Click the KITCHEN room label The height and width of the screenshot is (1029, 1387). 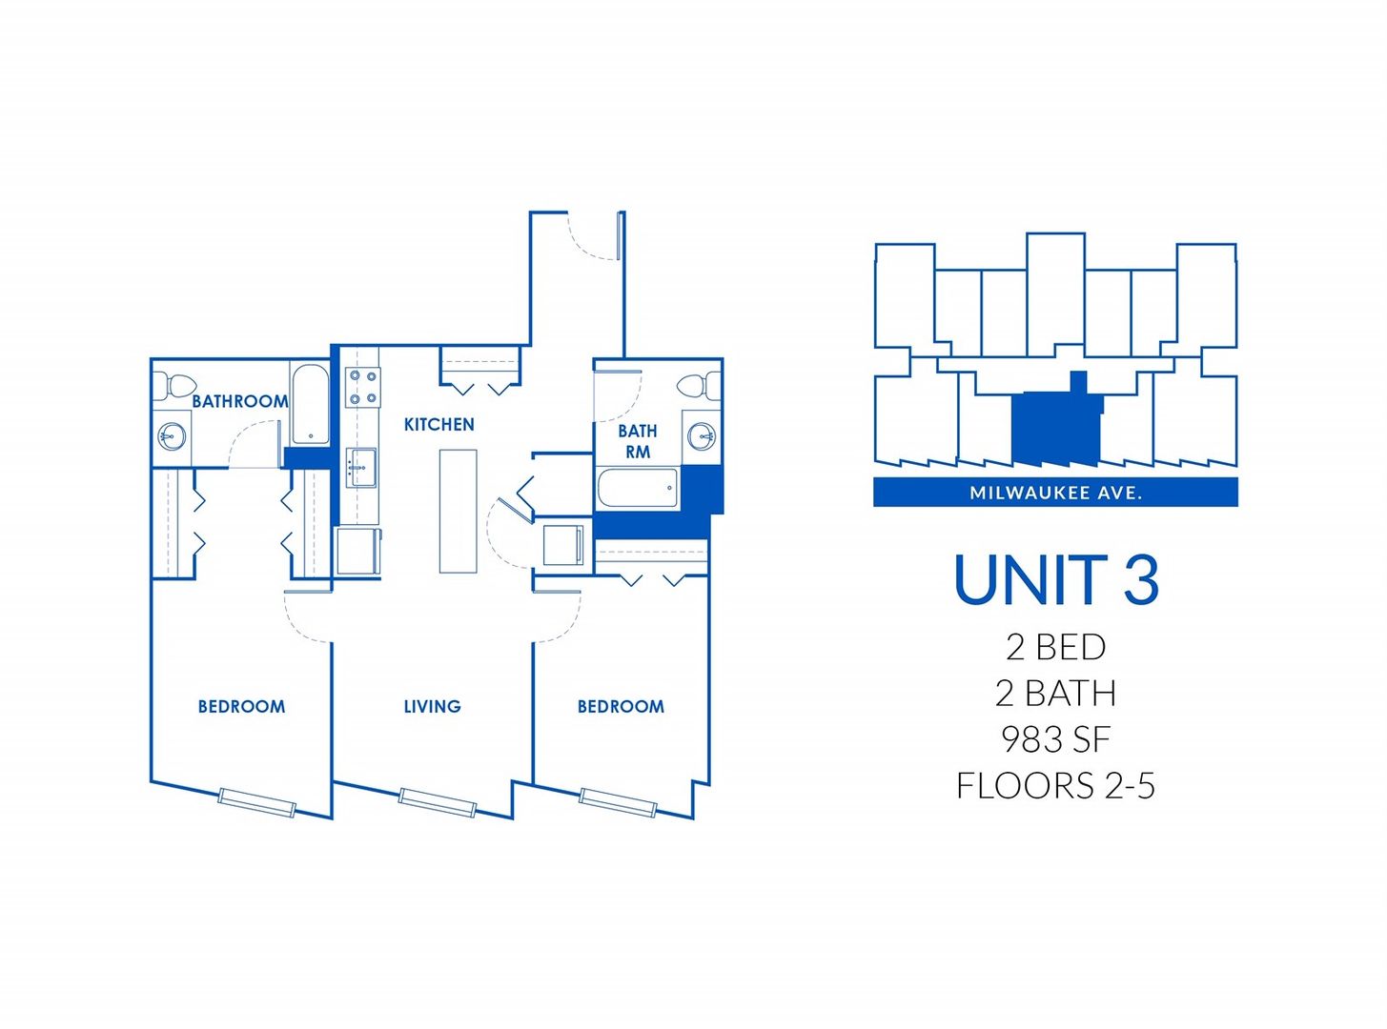click(439, 424)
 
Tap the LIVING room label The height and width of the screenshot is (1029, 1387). click(432, 706)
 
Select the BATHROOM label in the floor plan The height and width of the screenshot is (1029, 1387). click(239, 401)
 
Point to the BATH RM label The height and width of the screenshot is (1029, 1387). click(638, 441)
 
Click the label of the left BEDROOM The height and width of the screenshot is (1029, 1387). click(241, 706)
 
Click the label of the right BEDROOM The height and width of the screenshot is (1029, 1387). click(621, 706)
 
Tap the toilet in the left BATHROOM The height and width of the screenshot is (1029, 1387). click(177, 386)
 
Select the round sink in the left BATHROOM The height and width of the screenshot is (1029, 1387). click(170, 436)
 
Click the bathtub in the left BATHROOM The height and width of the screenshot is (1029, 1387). click(309, 405)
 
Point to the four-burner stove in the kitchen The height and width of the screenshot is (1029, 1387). click(362, 388)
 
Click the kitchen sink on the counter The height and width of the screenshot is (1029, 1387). click(361, 467)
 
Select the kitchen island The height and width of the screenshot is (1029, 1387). click(458, 511)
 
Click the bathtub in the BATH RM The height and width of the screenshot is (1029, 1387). click(637, 489)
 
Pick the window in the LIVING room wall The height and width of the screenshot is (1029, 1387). click(437, 801)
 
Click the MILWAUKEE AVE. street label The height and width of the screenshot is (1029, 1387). click(1055, 493)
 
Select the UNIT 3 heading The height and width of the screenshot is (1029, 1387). click(1055, 579)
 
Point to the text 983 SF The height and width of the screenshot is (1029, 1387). click(1055, 739)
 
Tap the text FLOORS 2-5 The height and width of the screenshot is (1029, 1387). click(1055, 786)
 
